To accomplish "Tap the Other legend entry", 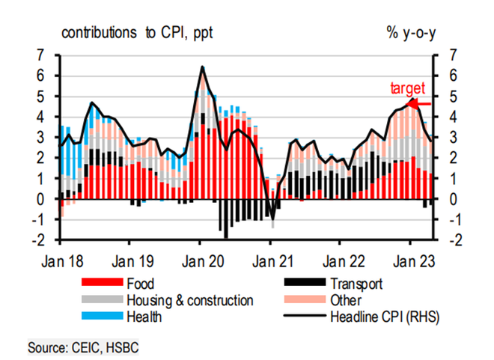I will [x=346, y=300].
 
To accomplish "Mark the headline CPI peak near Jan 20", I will [x=201, y=67].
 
